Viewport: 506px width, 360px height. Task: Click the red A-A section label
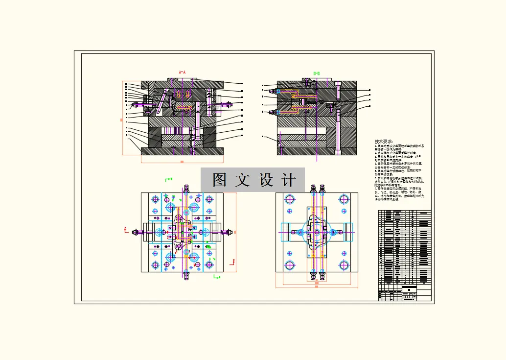pos(182,72)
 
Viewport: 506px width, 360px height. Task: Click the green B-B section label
pos(317,73)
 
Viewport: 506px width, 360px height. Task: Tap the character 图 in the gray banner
pos(219,180)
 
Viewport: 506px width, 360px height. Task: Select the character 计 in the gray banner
pos(290,180)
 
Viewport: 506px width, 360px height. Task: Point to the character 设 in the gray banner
pos(266,180)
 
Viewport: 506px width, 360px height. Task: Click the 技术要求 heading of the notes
pos(383,141)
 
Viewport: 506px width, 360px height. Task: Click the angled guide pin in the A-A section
pos(163,97)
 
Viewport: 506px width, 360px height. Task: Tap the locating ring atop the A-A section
pos(182,79)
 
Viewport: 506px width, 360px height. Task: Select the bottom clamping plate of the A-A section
pos(182,151)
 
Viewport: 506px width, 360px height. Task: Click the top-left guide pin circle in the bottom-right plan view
pos(290,199)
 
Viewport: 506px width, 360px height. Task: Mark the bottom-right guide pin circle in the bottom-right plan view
pos(344,265)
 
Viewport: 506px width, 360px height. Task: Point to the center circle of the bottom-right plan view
pos(317,232)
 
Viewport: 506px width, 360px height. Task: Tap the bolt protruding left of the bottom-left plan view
pos(136,232)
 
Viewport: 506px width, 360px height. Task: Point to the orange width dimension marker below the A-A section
pos(182,161)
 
